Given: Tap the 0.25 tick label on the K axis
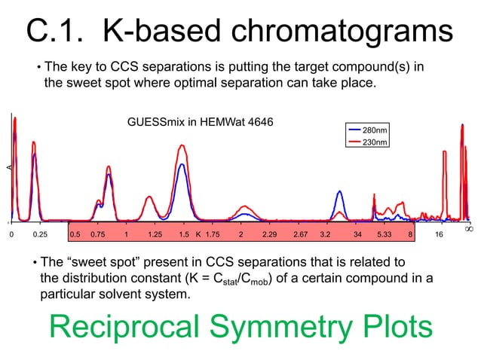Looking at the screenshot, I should [40, 235].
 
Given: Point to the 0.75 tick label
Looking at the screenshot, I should [98, 235].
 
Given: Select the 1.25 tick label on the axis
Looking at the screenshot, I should [155, 235].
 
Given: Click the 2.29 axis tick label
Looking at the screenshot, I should [269, 235].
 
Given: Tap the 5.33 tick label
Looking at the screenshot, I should [384, 235].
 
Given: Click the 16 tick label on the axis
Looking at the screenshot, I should [440, 235].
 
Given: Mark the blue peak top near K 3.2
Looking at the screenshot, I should [339, 191].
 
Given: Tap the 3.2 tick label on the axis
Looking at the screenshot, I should [326, 235].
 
